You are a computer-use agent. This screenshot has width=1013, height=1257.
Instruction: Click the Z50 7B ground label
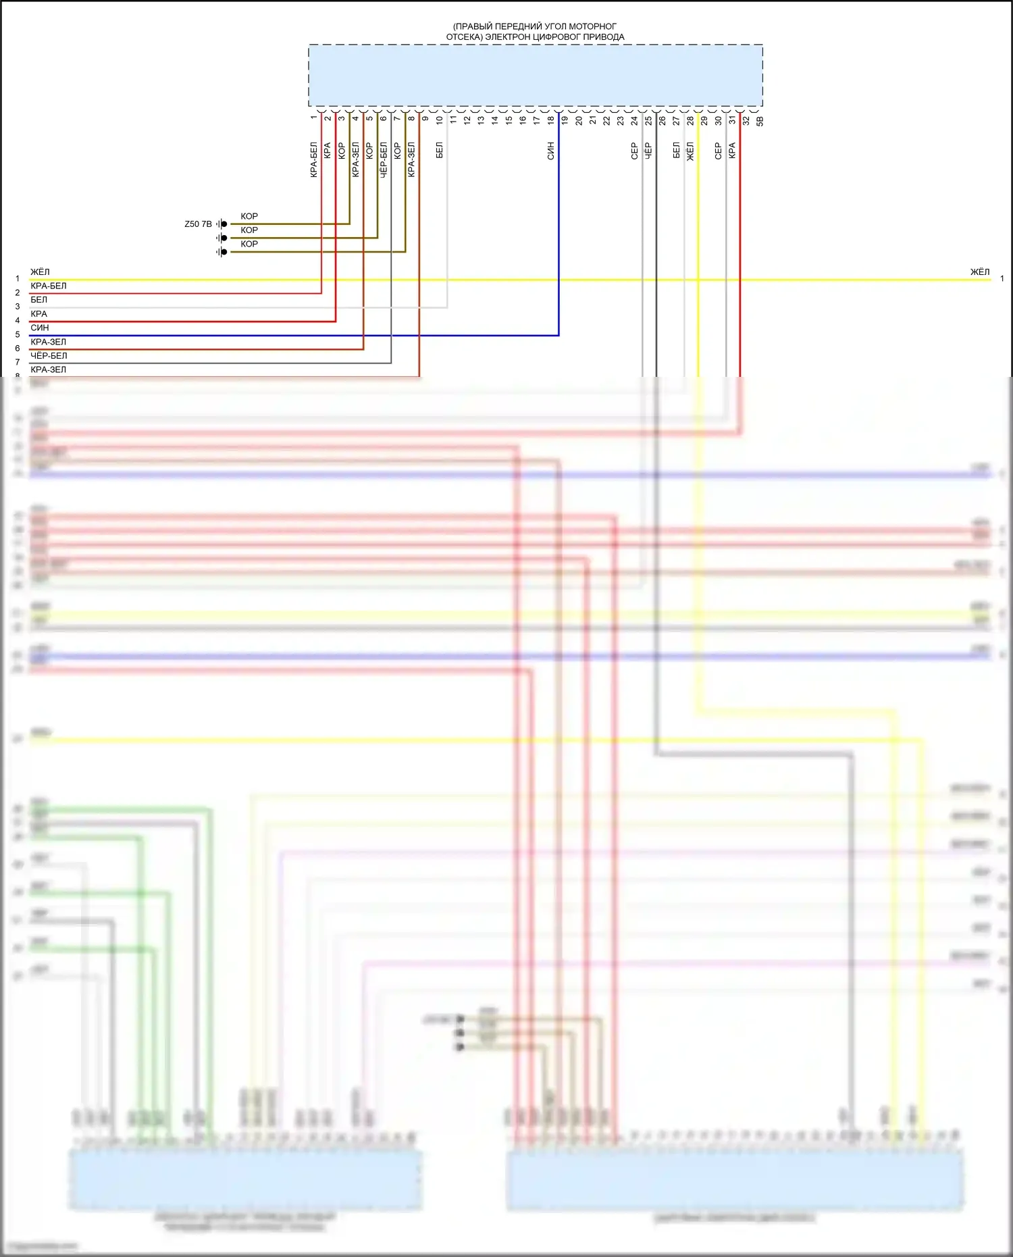click(x=198, y=224)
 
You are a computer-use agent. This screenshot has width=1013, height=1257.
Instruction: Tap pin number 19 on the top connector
click(x=565, y=120)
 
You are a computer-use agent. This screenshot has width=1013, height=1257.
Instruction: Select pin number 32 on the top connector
click(x=746, y=120)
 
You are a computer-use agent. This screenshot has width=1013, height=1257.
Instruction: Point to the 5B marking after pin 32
click(x=760, y=121)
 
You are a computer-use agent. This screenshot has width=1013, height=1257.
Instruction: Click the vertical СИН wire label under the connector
click(x=550, y=151)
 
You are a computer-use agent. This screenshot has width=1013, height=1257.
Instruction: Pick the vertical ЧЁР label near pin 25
click(x=648, y=151)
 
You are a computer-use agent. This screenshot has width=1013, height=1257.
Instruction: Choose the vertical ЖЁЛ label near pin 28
click(x=690, y=151)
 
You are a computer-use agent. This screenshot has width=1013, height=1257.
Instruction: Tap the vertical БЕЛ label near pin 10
click(x=439, y=150)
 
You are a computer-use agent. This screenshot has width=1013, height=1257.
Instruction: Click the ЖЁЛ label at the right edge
click(x=979, y=272)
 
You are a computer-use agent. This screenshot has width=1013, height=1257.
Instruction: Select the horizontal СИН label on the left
click(x=40, y=328)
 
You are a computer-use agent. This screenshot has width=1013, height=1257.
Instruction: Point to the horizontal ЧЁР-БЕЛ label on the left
click(x=49, y=355)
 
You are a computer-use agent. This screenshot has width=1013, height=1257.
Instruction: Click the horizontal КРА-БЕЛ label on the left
click(x=49, y=286)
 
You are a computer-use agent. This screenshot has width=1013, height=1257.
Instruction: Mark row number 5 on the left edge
click(x=18, y=334)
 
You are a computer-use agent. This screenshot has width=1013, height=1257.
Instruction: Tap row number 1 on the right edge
click(x=1002, y=278)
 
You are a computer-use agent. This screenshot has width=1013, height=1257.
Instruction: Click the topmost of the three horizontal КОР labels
click(x=249, y=216)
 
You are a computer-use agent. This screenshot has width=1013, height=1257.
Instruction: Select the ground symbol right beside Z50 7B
click(x=222, y=224)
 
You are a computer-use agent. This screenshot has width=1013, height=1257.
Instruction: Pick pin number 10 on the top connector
click(x=439, y=120)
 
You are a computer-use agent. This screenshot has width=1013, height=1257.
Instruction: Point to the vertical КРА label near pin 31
click(x=732, y=151)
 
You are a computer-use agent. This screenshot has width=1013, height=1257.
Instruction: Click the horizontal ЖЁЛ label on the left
click(x=40, y=272)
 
